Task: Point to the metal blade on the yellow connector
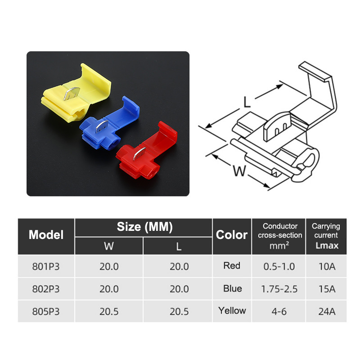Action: (72, 93)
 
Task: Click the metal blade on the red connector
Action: (139, 153)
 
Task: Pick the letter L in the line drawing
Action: (247, 102)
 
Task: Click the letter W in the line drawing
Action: (239, 171)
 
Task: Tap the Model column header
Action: (46, 234)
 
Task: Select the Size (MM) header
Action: (144, 227)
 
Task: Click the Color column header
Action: (232, 234)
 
